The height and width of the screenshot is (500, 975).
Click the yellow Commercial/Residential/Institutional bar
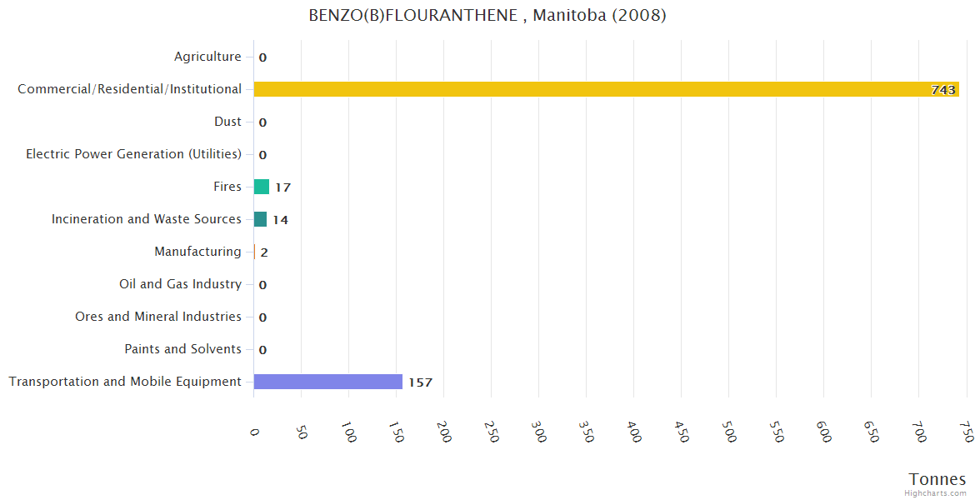coord(606,89)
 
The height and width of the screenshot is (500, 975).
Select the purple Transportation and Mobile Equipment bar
coord(327,382)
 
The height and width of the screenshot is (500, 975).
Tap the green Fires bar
coord(261,187)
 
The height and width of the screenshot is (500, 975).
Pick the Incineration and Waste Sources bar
coord(260,219)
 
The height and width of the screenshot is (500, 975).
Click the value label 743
coord(943,90)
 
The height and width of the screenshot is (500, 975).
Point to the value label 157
coord(420,382)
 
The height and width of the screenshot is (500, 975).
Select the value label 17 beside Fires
coord(282,187)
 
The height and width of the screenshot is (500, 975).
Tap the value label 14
coord(280,220)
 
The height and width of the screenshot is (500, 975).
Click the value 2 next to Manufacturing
coord(264,252)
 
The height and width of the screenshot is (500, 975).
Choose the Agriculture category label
coord(207,57)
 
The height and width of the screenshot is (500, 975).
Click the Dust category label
coord(227,122)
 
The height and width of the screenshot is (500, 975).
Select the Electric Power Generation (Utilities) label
coord(133,154)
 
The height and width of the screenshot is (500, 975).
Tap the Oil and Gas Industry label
coord(180,284)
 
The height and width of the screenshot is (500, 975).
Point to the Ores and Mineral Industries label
coord(158,317)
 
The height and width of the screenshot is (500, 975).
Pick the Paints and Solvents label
coord(182,349)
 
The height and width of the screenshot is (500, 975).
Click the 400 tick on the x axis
coord(634,432)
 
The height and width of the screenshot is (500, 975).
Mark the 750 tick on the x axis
coord(966,432)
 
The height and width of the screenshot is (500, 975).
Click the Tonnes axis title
coord(937,479)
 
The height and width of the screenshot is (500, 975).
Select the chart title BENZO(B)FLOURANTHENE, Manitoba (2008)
coord(487,16)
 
